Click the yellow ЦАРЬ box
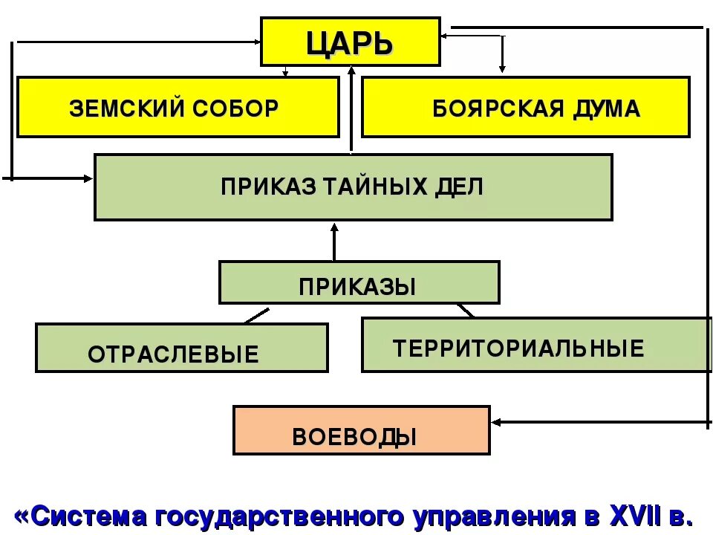(350, 42)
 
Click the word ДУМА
(603, 108)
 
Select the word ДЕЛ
(459, 187)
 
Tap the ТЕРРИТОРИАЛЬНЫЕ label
(518, 348)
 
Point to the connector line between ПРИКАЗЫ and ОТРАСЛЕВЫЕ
(256, 315)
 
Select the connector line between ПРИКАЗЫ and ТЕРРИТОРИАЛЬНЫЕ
(466, 310)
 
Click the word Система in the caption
(82, 515)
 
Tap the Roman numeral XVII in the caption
(636, 515)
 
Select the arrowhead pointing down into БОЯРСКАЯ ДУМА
(502, 69)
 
